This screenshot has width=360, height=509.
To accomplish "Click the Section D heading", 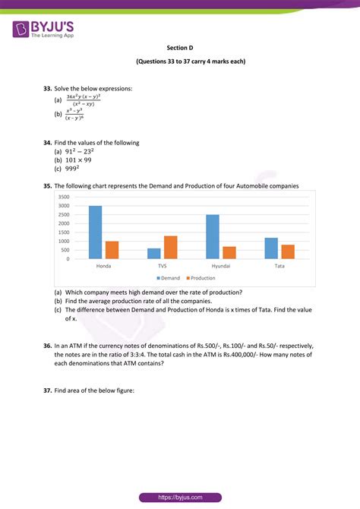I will pyautogui.click(x=180, y=47).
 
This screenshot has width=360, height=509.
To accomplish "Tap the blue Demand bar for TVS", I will pyautogui.click(x=154, y=254).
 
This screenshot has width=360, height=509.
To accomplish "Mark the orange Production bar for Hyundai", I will pyautogui.click(x=229, y=253).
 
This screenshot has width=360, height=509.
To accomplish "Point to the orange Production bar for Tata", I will pyautogui.click(x=288, y=251).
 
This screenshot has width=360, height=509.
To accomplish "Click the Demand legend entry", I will pyautogui.click(x=169, y=278).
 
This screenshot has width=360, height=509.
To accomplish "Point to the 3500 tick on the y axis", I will pyautogui.click(x=63, y=197).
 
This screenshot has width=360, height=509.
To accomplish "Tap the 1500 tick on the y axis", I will pyautogui.click(x=63, y=232).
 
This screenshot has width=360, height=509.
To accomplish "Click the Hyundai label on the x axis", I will pyautogui.click(x=221, y=267).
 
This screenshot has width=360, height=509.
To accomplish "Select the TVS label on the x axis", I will pyautogui.click(x=163, y=267).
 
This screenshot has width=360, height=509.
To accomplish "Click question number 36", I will pyautogui.click(x=48, y=346).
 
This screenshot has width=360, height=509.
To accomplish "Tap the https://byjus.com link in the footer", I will pyautogui.click(x=179, y=498).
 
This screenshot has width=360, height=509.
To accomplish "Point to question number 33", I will pyautogui.click(x=48, y=88).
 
